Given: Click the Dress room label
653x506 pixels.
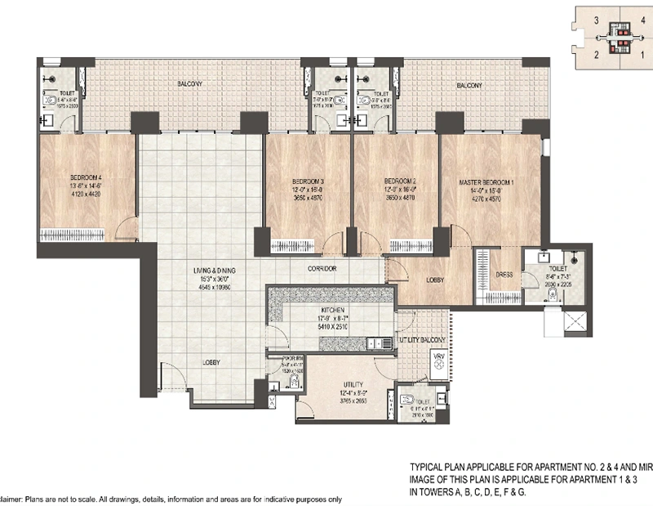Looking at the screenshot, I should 504,275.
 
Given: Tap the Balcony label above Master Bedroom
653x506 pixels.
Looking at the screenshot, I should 469,86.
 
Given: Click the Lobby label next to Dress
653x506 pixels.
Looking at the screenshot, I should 435,280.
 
